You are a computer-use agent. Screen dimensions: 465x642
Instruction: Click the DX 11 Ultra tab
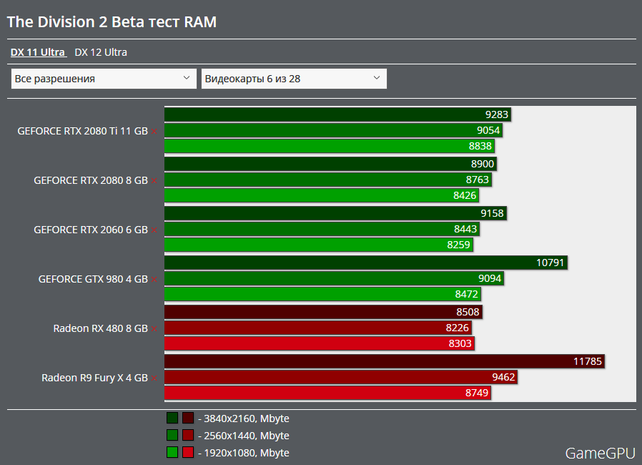[x=38, y=52]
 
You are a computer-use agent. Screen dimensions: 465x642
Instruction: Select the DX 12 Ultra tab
[x=101, y=52]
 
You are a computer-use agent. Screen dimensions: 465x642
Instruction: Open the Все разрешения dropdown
[x=104, y=79]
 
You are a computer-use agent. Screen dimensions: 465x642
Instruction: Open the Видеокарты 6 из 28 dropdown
[x=294, y=79]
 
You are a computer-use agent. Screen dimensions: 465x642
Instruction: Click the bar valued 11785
[x=384, y=361]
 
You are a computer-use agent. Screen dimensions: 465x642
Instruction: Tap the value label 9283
[x=497, y=114]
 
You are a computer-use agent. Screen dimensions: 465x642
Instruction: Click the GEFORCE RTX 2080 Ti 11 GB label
[x=82, y=131]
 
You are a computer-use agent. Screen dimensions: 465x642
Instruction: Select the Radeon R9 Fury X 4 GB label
[x=94, y=378]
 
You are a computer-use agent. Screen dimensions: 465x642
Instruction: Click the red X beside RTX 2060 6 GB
[x=154, y=230]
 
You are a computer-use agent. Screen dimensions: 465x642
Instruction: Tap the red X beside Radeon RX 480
[x=154, y=329]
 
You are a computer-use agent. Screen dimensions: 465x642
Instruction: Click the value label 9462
[x=503, y=377]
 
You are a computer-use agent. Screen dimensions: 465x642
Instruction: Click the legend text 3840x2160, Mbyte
[x=246, y=418]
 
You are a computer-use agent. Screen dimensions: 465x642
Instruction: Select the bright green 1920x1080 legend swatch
[x=172, y=452]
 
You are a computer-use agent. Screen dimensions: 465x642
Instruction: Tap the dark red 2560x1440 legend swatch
[x=188, y=435]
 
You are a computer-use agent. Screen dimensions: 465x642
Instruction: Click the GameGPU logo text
[x=598, y=453]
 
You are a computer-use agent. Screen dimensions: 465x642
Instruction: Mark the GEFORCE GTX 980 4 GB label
[x=93, y=279]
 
